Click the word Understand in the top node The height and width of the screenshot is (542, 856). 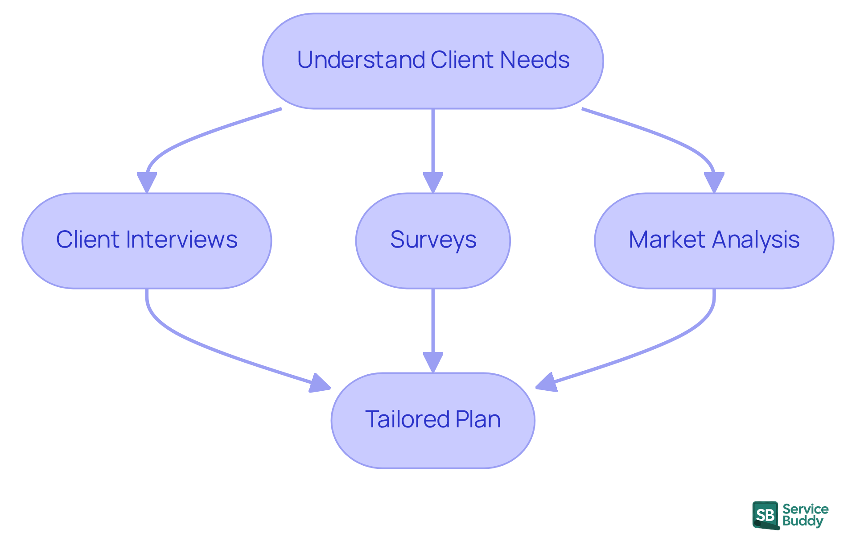point(361,60)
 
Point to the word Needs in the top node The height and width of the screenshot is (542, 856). point(535,60)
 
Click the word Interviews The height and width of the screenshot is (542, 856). point(181,240)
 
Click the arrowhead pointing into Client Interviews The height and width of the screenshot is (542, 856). point(147,182)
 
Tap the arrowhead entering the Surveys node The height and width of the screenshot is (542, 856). point(433,182)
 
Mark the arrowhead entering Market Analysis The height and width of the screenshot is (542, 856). point(714,182)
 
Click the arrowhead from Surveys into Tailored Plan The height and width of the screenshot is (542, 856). point(433,362)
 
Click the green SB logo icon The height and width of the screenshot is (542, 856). point(765,515)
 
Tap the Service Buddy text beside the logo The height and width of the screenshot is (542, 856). point(805,515)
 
